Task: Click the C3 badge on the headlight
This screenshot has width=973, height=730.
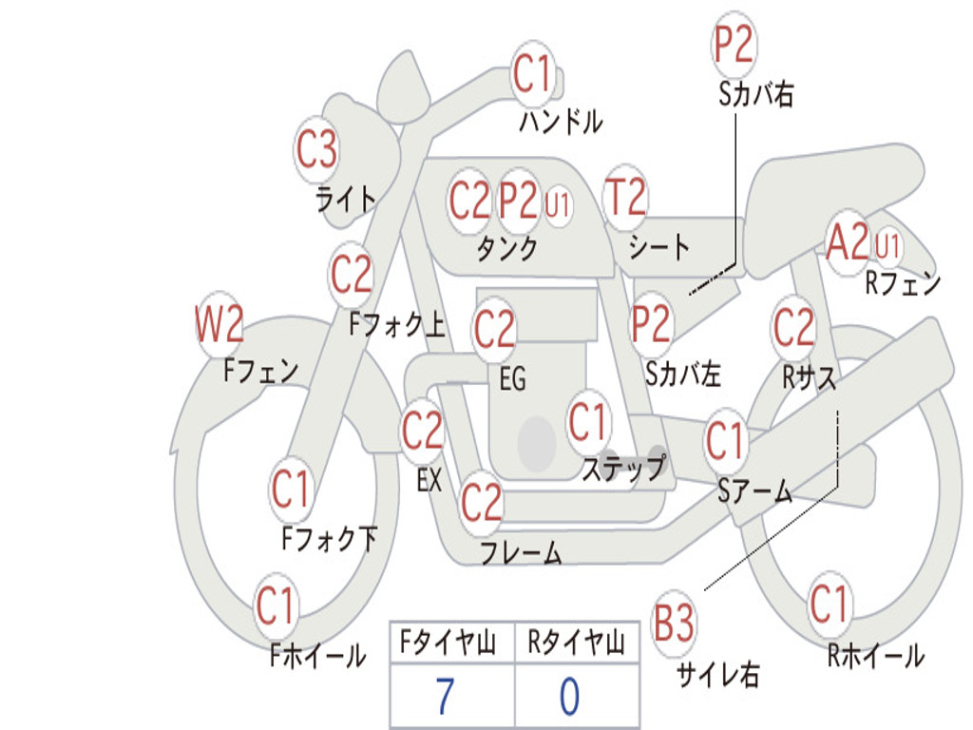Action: pyautogui.click(x=316, y=149)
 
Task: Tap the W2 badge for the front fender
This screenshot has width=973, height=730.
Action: pyautogui.click(x=219, y=325)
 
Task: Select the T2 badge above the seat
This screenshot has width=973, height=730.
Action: pyautogui.click(x=625, y=199)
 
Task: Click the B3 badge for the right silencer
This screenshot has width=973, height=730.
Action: pyautogui.click(x=674, y=624)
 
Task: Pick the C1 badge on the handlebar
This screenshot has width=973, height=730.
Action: pyautogui.click(x=532, y=73)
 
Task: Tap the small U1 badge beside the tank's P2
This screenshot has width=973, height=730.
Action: pyautogui.click(x=558, y=203)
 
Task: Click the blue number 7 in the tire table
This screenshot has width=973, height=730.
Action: pyautogui.click(x=445, y=697)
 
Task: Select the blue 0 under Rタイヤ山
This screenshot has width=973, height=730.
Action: pyautogui.click(x=568, y=697)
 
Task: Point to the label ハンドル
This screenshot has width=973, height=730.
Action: pyautogui.click(x=561, y=122)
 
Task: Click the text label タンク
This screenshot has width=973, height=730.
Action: pyautogui.click(x=506, y=249)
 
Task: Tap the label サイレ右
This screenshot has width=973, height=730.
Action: pyautogui.click(x=717, y=675)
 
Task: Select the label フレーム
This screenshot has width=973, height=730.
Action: pyautogui.click(x=521, y=551)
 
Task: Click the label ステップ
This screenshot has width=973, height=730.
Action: pyautogui.click(x=623, y=469)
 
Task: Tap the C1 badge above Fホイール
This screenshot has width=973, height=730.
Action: pyautogui.click(x=276, y=605)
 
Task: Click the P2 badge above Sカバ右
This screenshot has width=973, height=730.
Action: pyautogui.click(x=733, y=44)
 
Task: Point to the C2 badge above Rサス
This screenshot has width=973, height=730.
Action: pyautogui.click(x=793, y=327)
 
